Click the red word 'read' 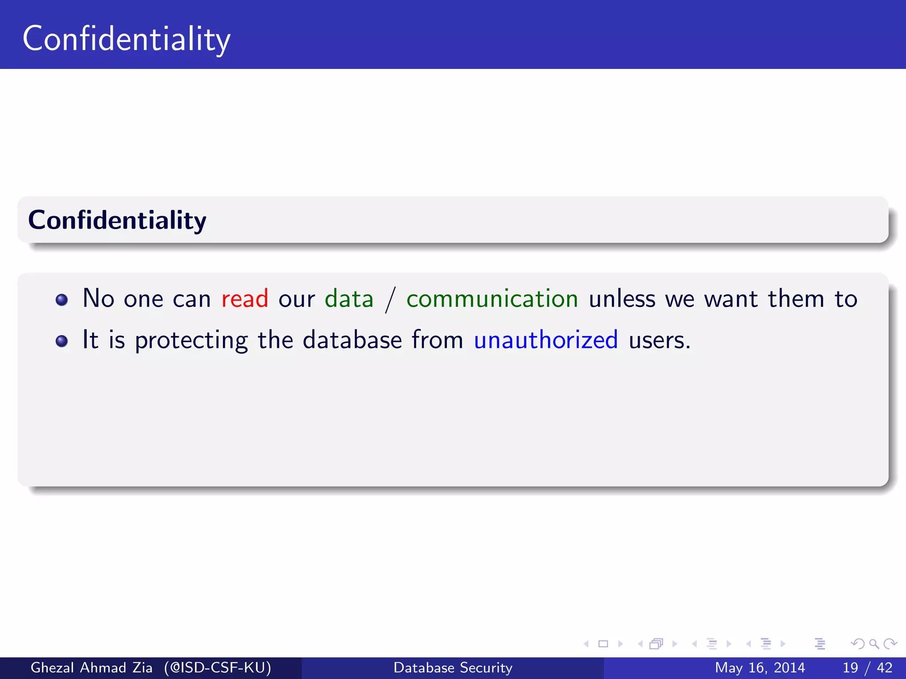point(245,299)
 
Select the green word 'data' point(349,299)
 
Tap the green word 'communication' point(492,299)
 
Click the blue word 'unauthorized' point(545,340)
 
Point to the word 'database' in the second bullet point(352,340)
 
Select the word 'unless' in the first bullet point(622,299)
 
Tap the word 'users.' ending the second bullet point(659,341)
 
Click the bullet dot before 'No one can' point(61,300)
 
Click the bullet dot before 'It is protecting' point(61,341)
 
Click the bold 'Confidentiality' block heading point(117,220)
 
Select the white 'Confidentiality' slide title point(127,39)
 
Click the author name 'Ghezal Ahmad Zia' point(92,668)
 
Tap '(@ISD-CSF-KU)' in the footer point(217,668)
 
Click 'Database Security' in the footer point(453,668)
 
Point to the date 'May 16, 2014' point(760,668)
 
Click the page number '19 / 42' point(867,668)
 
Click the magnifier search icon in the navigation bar point(874,644)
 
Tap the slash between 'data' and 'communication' point(390,300)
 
